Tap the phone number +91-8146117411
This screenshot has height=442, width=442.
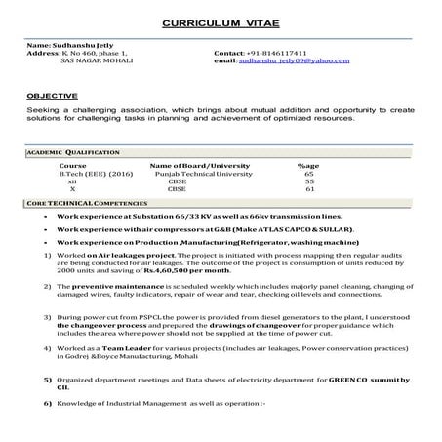258,55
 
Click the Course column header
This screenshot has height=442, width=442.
72,166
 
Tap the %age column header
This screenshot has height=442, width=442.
308,166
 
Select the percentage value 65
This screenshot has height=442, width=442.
308,174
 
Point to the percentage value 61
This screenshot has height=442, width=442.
308,189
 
